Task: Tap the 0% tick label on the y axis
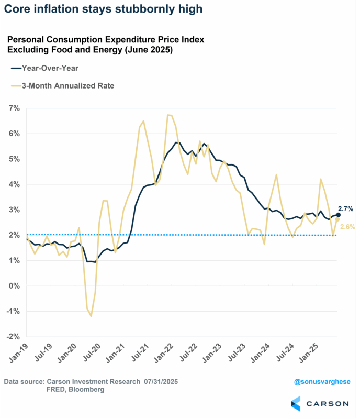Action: (x=14, y=286)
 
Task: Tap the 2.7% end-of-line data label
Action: (x=346, y=208)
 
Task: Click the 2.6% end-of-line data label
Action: (x=348, y=227)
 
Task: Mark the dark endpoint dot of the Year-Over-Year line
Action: (x=338, y=215)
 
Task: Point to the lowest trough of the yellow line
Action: (x=91, y=316)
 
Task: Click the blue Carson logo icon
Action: (x=297, y=404)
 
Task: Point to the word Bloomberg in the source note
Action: (x=88, y=390)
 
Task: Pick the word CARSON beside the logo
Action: (x=328, y=404)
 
